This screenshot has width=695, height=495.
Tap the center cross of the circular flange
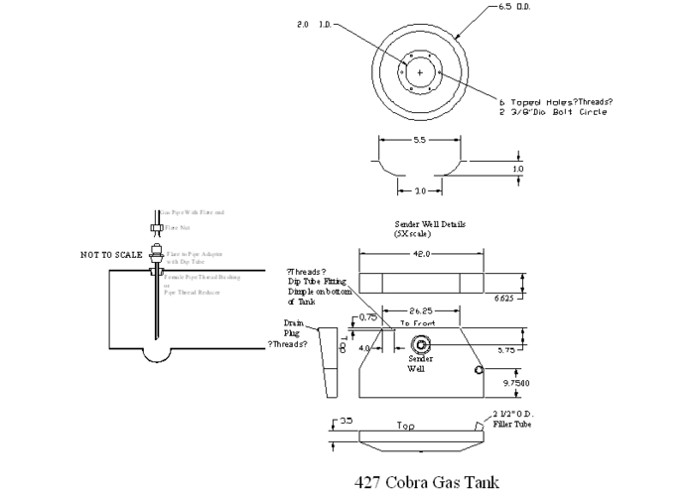coord(421,73)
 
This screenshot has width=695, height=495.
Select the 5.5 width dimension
coord(421,141)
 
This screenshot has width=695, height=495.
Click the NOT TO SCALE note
coord(110,255)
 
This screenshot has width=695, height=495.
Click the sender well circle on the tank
coord(421,345)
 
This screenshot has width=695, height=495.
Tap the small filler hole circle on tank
coord(480,370)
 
